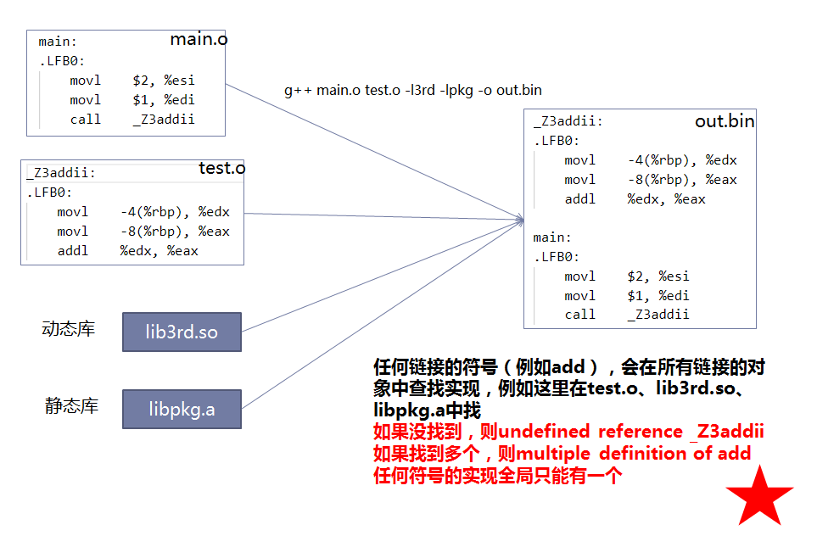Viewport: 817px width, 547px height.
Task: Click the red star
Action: pyautogui.click(x=759, y=497)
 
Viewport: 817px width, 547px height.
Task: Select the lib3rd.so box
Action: pyautogui.click(x=182, y=332)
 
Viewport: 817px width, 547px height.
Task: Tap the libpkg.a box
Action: pyautogui.click(x=182, y=410)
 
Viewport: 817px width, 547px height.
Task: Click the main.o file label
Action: pyautogui.click(x=199, y=39)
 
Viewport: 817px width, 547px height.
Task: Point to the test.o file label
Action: pyautogui.click(x=221, y=168)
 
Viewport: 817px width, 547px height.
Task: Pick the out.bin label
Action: pyautogui.click(x=725, y=121)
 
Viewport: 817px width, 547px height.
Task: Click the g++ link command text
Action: pyautogui.click(x=412, y=90)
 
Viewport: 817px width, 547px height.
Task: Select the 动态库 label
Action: pyautogui.click(x=69, y=329)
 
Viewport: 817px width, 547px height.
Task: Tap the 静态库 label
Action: pyautogui.click(x=71, y=406)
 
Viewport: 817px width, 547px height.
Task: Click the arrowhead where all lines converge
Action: pyautogui.click(x=519, y=220)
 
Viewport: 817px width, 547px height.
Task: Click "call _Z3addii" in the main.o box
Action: pyautogui.click(x=132, y=120)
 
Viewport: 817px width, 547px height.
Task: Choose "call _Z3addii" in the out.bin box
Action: pyautogui.click(x=626, y=315)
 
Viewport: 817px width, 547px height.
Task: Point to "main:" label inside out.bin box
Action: pyautogui.click(x=552, y=237)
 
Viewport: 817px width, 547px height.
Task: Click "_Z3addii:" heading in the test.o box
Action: pyautogui.click(x=61, y=173)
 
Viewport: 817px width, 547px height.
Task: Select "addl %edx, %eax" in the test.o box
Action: pyautogui.click(x=127, y=251)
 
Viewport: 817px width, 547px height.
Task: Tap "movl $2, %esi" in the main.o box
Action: pyautogui.click(x=132, y=81)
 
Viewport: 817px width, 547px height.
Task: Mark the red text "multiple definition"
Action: pyautogui.click(x=602, y=454)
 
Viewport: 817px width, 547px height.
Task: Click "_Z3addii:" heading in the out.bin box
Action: pyautogui.click(x=568, y=121)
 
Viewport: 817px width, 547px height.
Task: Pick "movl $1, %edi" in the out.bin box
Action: pyautogui.click(x=626, y=295)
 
